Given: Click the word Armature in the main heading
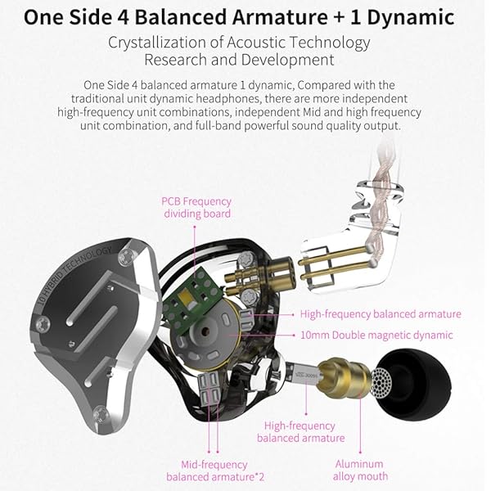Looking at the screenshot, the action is point(280,17).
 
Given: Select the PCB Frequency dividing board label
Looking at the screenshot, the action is point(196,207).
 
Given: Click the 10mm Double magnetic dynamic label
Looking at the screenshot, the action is point(376,335).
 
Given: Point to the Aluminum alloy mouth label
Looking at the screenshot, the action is point(360,470).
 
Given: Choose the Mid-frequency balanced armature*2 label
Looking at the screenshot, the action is point(215,471).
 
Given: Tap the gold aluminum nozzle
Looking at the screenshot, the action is point(345,379).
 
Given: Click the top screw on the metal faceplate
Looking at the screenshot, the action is point(128,256).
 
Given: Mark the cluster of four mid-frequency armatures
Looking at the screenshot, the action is point(209,388).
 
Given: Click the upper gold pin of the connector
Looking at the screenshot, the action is point(332,255).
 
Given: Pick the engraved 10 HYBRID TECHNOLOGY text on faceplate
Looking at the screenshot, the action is point(74,276).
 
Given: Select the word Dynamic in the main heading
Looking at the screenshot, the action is point(411,17).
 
